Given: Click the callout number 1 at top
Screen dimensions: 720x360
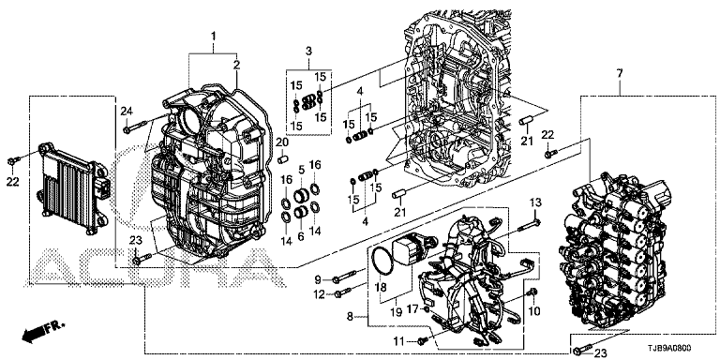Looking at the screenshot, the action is click(x=213, y=36).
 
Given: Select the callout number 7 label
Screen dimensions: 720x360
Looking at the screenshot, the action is click(x=620, y=73).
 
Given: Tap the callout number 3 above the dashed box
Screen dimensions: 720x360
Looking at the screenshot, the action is click(x=308, y=50).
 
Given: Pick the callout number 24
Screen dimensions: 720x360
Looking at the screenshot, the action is click(x=127, y=111).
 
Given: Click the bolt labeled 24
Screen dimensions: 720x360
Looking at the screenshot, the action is click(x=136, y=127).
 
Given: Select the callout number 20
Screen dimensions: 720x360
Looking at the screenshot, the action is click(x=282, y=142).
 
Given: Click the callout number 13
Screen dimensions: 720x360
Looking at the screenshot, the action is click(x=535, y=202).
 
